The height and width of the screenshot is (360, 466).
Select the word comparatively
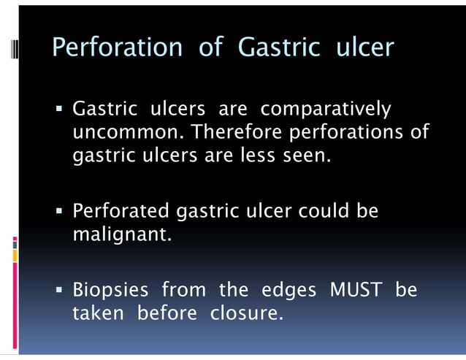click(326, 110)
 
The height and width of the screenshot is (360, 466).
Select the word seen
click(307, 156)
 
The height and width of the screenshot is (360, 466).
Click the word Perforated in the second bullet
click(121, 212)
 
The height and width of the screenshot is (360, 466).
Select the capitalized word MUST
click(356, 291)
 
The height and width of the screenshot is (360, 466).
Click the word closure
click(246, 314)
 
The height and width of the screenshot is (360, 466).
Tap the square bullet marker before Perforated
click(61, 212)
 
